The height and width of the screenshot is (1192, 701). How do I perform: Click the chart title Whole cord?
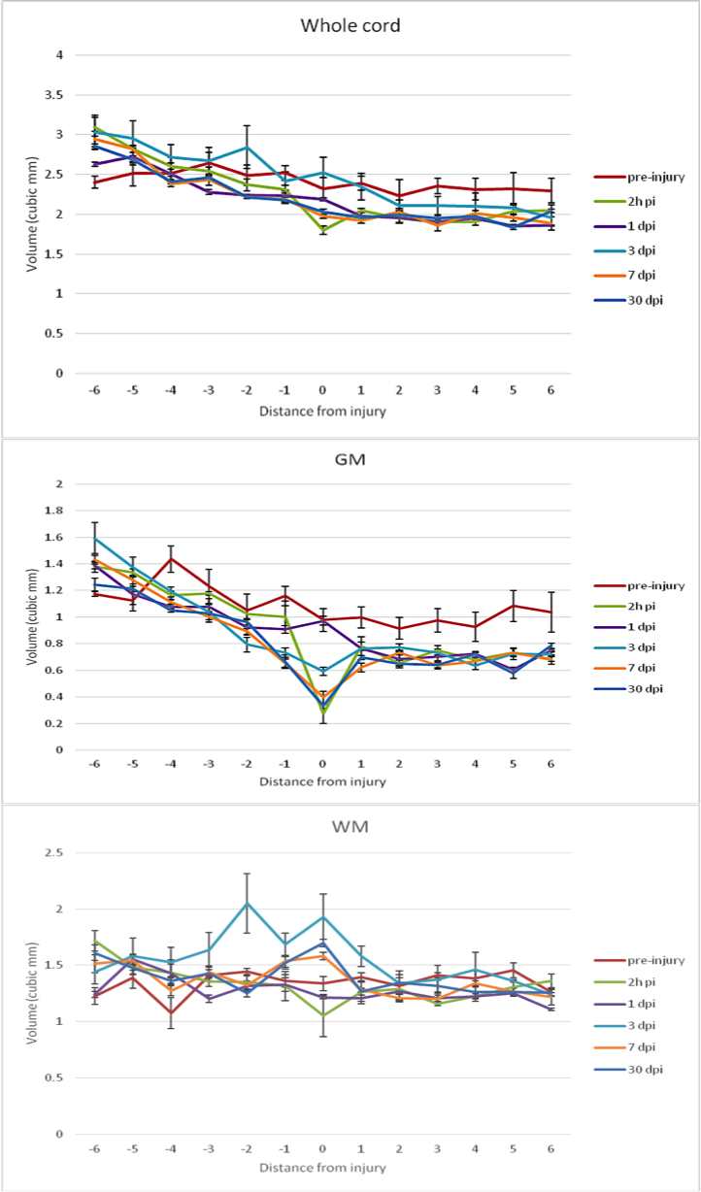(350, 25)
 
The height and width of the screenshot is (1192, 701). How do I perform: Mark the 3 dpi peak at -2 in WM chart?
(248, 903)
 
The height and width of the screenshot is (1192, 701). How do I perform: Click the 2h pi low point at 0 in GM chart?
(322, 713)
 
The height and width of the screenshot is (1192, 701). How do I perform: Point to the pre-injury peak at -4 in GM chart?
(172, 558)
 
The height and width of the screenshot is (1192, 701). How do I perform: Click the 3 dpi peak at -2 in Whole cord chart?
(248, 148)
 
